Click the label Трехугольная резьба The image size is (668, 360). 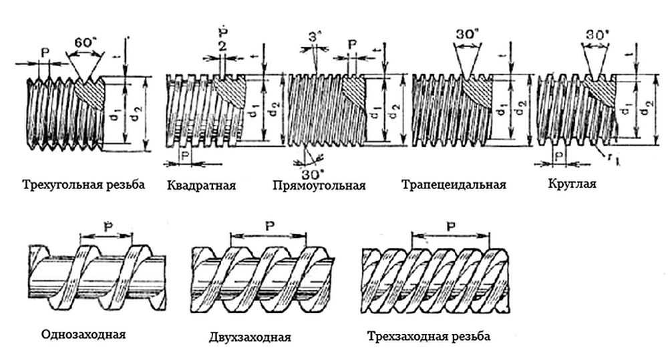83,185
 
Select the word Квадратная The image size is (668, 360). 201,185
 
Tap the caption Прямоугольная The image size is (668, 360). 319,185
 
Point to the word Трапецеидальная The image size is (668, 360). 454,184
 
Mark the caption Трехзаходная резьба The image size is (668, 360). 429,336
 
